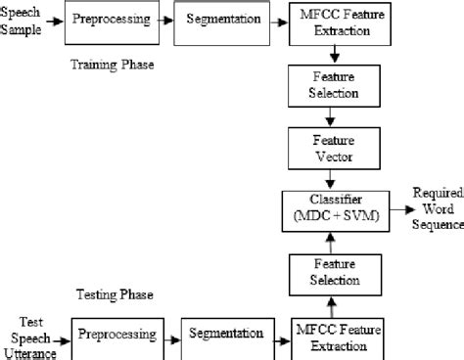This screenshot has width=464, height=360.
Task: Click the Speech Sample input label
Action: pyautogui.click(x=23, y=21)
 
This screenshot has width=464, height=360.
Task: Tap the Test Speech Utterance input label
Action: pyautogui.click(x=28, y=336)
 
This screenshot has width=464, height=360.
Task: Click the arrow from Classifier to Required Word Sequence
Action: pyautogui.click(x=393, y=209)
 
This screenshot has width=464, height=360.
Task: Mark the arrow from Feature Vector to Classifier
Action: pyautogui.click(x=330, y=179)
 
